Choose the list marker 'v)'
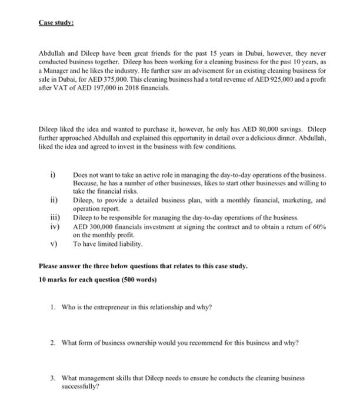coord(53,242)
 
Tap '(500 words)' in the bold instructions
coord(139,280)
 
